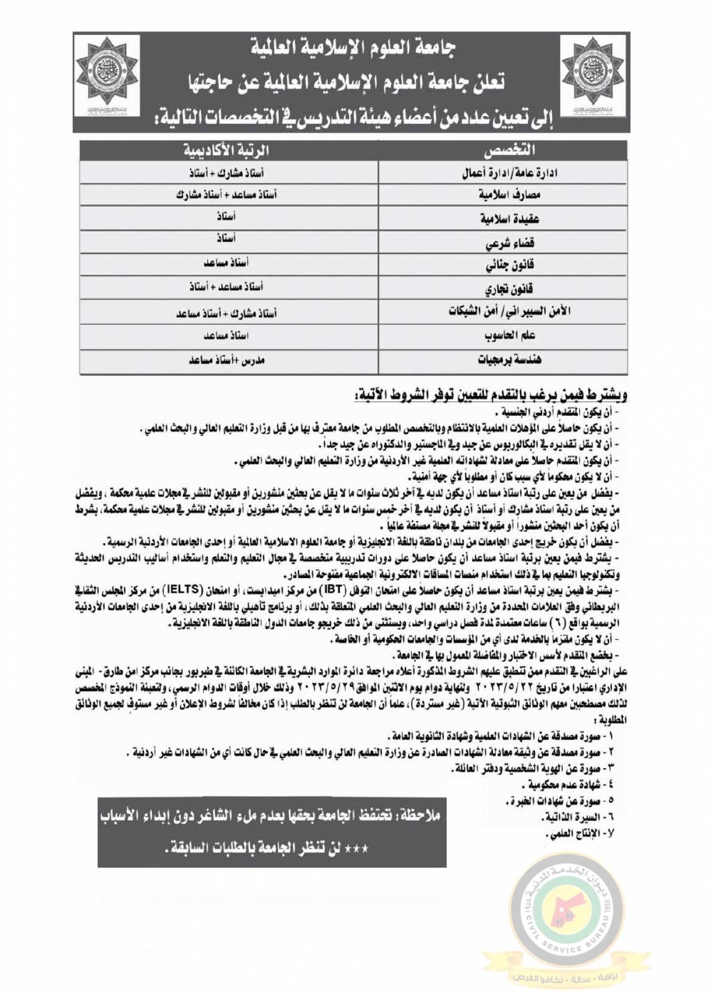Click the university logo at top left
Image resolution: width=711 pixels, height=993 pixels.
pyautogui.click(x=107, y=75)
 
